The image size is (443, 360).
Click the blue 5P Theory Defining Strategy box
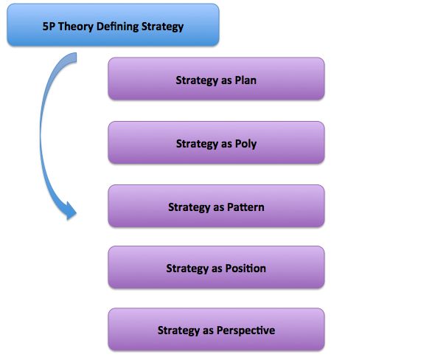(x=113, y=25)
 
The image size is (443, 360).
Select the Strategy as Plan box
(x=216, y=79)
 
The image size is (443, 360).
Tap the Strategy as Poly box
(x=216, y=142)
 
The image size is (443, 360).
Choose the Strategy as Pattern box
(x=216, y=206)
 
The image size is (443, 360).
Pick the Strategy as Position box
(x=216, y=267)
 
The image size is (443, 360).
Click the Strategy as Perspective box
(x=216, y=330)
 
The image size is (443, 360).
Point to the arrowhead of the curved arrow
(x=71, y=211)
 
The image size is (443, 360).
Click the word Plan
(x=245, y=80)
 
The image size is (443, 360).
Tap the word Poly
(x=245, y=144)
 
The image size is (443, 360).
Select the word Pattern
(x=245, y=207)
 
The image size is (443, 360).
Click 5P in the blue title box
(x=49, y=27)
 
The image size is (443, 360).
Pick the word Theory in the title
(x=76, y=27)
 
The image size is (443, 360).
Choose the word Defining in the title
(x=117, y=27)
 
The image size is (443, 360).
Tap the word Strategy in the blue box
(x=162, y=27)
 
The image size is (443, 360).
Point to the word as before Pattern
(x=219, y=208)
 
